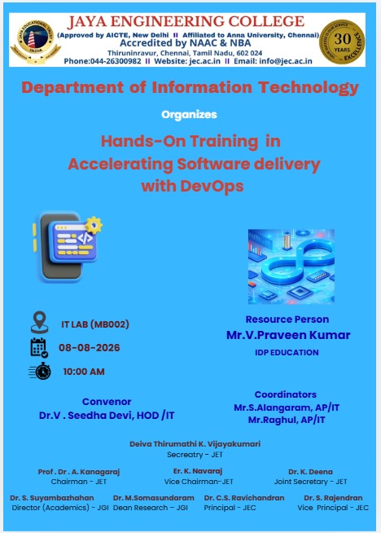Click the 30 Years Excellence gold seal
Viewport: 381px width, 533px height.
coord(342,42)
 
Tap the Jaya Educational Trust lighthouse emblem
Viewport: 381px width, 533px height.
coord(36,42)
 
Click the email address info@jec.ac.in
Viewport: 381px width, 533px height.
coord(286,61)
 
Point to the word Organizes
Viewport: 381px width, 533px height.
coord(189,115)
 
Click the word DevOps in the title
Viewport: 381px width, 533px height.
coord(212,187)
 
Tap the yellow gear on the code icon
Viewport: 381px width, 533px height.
coord(94,225)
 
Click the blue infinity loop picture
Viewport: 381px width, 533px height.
coord(291,266)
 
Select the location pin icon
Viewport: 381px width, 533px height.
coord(39,322)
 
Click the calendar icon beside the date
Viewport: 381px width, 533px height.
coord(39,348)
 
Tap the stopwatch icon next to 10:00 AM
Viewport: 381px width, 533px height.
coord(40,371)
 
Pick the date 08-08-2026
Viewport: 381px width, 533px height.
coord(90,348)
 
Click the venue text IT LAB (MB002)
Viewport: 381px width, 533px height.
coord(95,324)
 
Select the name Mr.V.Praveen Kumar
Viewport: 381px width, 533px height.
coord(288,335)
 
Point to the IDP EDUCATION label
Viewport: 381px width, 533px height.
coord(287,353)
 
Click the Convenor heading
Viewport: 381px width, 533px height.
coord(107,402)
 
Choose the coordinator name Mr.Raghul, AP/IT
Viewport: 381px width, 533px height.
coord(287,421)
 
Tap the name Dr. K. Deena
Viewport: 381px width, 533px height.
coord(310,472)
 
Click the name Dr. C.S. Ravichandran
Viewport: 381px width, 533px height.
coord(244,498)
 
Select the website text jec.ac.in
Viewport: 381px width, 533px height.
coord(205,61)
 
